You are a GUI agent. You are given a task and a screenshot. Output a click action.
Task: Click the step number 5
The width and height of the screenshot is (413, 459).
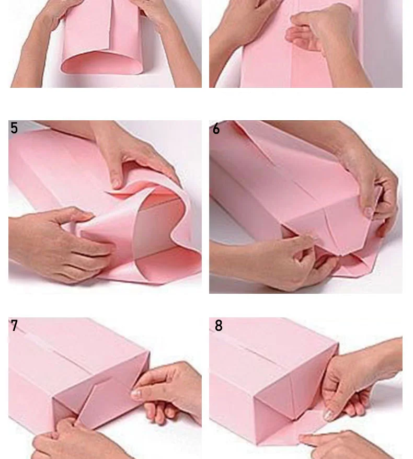click(x=14, y=128)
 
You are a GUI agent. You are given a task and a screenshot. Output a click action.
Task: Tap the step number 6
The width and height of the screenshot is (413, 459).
click(x=216, y=129)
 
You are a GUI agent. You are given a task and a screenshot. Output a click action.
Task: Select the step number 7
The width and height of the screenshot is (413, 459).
click(x=14, y=326)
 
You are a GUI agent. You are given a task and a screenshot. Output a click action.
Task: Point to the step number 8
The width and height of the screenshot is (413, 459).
click(x=219, y=326)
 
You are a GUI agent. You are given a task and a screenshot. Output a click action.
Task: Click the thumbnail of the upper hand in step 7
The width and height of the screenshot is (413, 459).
click(x=136, y=393)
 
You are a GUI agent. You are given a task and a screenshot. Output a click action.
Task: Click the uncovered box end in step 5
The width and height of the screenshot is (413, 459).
click(x=158, y=223)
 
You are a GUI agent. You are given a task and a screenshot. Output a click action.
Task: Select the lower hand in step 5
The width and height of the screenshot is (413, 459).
click(x=59, y=243)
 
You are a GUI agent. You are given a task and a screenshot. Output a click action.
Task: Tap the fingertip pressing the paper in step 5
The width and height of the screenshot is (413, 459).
click(x=116, y=183)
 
